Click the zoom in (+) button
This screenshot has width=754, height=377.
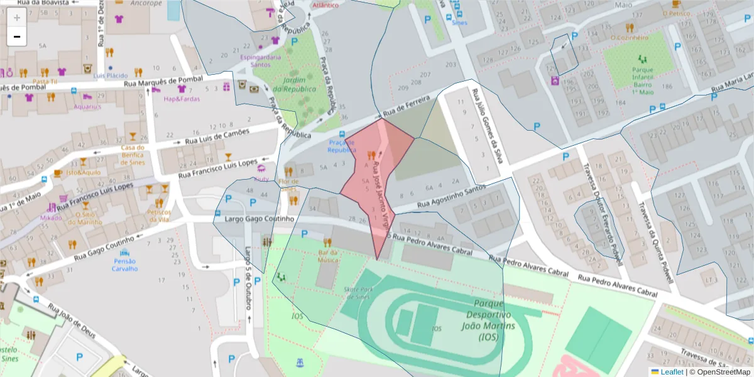click(x=17, y=18)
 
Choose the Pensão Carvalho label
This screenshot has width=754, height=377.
click(x=124, y=265)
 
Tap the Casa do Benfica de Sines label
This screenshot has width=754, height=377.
click(x=133, y=155)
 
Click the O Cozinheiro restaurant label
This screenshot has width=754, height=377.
click(x=629, y=37)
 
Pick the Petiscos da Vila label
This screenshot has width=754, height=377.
click(x=159, y=216)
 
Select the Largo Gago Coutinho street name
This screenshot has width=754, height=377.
click(x=260, y=219)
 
